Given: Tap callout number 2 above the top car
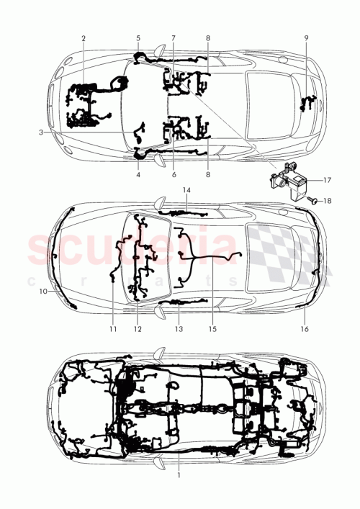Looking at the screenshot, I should (83, 37).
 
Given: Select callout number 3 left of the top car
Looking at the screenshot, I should (41, 132).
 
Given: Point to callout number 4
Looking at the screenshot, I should (138, 174).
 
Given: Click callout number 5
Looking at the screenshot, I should (138, 37).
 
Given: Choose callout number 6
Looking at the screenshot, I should (174, 174).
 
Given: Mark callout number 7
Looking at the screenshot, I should (174, 37).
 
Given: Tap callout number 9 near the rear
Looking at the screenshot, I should (305, 37).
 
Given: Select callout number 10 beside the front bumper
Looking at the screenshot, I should (42, 292).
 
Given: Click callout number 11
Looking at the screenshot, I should (113, 328).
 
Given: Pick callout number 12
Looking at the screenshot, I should (137, 328).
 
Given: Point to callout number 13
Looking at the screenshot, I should (179, 328).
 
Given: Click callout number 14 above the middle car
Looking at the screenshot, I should (186, 190).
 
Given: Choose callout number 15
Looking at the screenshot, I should (212, 328).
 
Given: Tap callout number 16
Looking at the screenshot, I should (304, 328).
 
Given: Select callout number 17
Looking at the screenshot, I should (326, 180).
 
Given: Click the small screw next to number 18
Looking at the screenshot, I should (312, 199).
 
